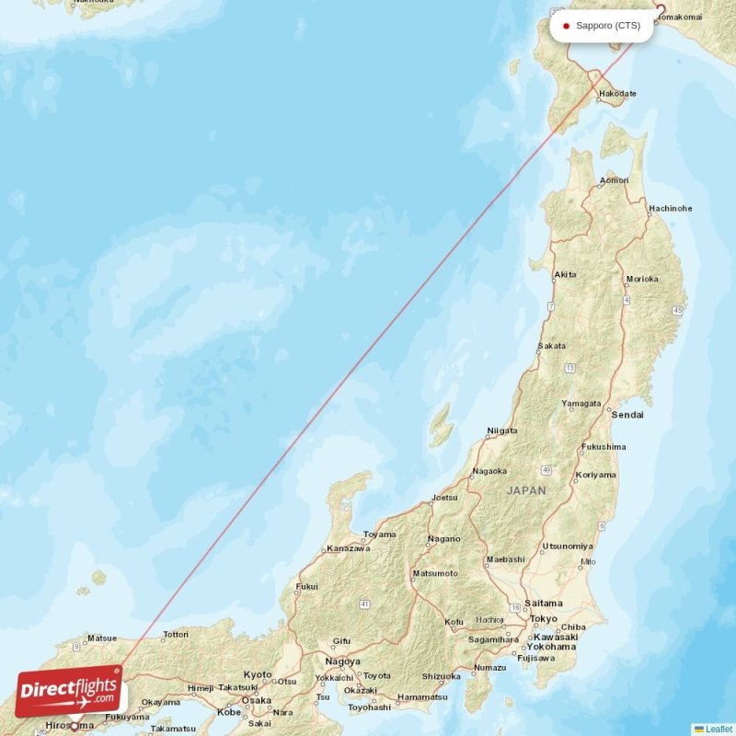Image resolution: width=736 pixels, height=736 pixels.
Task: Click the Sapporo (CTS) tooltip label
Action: (608, 26)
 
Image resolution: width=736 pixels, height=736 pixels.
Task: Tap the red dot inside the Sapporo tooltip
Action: (566, 26)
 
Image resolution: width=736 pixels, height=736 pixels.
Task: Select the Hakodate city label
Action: (617, 94)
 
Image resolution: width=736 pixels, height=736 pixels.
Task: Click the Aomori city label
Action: (615, 179)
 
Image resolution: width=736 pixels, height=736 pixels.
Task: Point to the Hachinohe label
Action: (670, 208)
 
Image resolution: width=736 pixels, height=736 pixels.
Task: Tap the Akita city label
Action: (566, 274)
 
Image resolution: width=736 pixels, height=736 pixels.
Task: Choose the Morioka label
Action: (641, 279)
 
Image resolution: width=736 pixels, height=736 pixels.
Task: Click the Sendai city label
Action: (629, 415)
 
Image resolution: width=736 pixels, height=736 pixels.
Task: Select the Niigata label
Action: (501, 430)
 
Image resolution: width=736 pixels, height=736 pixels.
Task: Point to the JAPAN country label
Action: (525, 491)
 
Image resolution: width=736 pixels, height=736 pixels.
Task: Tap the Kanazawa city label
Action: (349, 548)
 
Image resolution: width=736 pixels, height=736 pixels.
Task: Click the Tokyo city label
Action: (544, 618)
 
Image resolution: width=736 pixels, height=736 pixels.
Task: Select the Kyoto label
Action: (258, 674)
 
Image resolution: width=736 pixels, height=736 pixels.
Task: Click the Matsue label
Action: (101, 638)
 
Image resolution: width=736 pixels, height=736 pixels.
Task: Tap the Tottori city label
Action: (175, 634)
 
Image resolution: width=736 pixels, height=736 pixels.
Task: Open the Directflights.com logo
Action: (69, 691)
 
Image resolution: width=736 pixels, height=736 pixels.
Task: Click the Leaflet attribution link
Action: (718, 729)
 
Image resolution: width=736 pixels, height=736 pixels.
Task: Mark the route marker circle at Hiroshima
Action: (75, 726)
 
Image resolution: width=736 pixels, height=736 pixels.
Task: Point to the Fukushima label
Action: (604, 447)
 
